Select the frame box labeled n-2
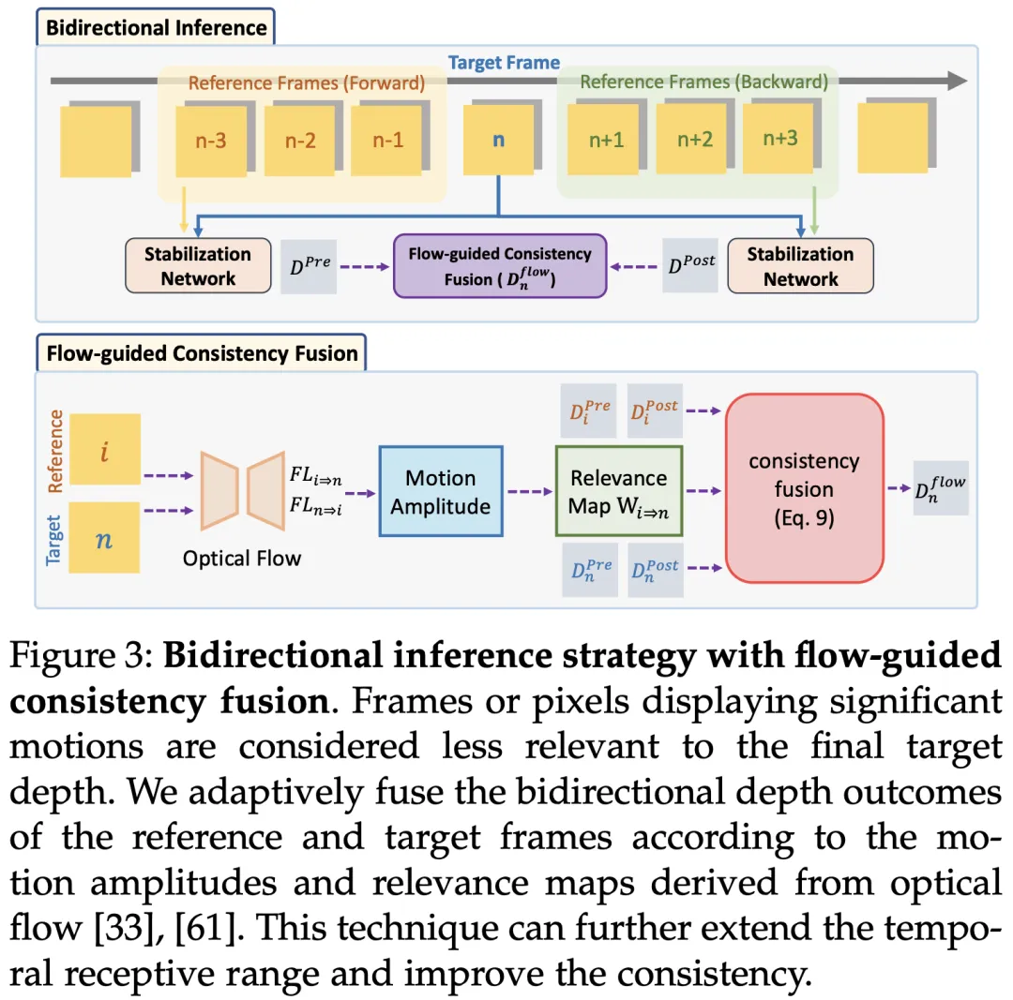tap(300, 142)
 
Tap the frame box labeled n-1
tap(386, 141)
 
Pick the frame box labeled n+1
tap(605, 141)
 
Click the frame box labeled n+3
tap(779, 140)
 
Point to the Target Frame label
tap(504, 64)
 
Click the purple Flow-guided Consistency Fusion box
tap(500, 266)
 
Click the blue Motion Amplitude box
tap(441, 491)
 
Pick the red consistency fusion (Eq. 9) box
tap(804, 488)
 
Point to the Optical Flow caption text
tap(242, 559)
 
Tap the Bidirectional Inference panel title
tap(157, 27)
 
